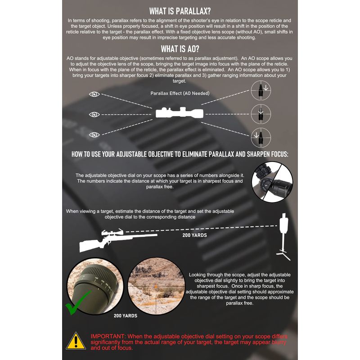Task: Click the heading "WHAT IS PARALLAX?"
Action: tap(180, 11)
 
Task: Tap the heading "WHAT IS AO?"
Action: tap(180, 49)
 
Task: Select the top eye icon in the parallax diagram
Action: tap(94, 94)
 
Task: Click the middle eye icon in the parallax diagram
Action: tap(94, 114)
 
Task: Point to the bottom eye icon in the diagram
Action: tap(94, 135)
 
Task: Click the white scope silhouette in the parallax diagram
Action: tap(180, 112)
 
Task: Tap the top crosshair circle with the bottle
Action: tap(261, 90)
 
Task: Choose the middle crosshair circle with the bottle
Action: tap(261, 114)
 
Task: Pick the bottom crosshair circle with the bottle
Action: tap(261, 138)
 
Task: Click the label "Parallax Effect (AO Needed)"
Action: tap(180, 93)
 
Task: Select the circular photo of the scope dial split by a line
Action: tap(272, 182)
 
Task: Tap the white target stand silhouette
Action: tap(284, 237)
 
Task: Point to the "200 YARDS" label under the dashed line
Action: tap(194, 235)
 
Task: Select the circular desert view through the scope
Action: tap(156, 286)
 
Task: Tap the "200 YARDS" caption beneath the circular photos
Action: tap(126, 316)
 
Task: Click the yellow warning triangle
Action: tap(76, 342)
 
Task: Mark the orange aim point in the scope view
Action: tap(156, 287)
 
